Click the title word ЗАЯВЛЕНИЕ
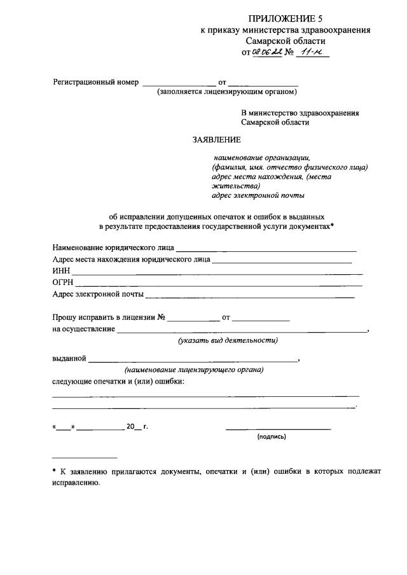pos(217,139)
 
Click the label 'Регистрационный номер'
pos(95,83)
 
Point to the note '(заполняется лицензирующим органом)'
pos(228,92)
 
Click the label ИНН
pos(60,271)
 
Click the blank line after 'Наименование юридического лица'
pos(266,249)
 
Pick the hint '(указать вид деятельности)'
pos(228,341)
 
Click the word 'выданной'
pos(69,359)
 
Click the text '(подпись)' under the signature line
pos(272,437)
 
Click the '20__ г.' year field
pos(137,427)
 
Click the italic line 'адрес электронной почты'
pos(258,195)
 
